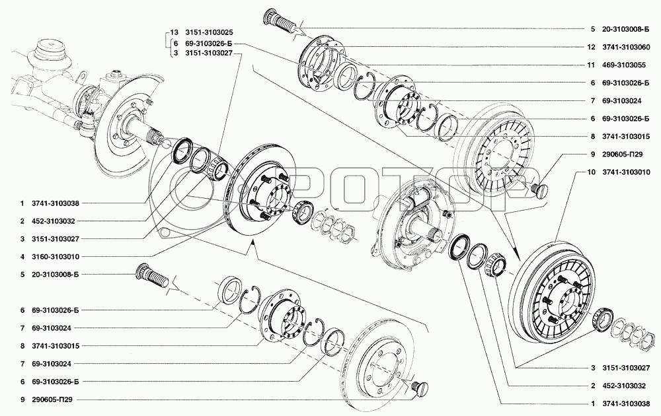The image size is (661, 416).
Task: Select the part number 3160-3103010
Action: [56, 256]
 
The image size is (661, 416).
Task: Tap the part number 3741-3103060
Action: [625, 47]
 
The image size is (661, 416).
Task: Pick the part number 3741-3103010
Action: [625, 172]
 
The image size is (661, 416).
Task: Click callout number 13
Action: [175, 32]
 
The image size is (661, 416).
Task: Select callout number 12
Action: [591, 47]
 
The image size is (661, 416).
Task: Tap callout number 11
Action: [591, 65]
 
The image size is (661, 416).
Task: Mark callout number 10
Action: [591, 172]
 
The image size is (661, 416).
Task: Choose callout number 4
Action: [22, 256]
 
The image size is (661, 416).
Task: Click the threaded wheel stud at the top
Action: [279, 20]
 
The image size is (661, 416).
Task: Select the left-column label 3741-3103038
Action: [56, 203]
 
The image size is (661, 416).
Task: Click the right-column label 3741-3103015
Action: [625, 137]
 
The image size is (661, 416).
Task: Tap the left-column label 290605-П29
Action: [52, 399]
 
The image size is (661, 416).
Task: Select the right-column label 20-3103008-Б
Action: [625, 29]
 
